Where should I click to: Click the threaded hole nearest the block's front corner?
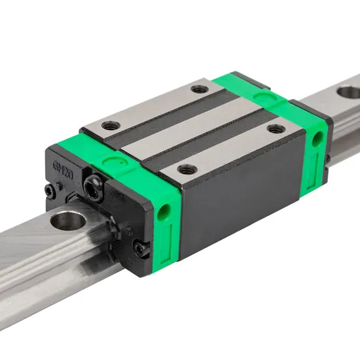[186, 169]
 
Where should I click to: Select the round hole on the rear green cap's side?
[317, 137]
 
